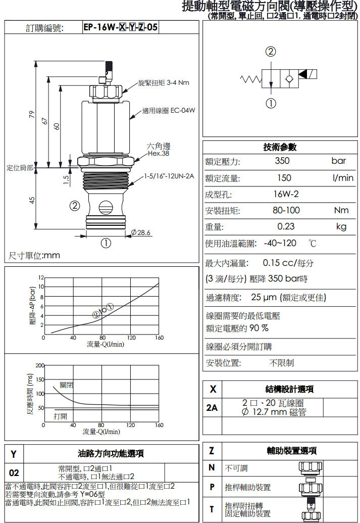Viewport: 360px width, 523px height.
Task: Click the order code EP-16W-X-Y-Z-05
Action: coord(121,27)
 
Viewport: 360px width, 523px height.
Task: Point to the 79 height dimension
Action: coord(32,114)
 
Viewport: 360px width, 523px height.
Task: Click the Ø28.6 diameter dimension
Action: coord(140,232)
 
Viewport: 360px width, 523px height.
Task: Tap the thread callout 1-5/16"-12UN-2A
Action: coord(169,176)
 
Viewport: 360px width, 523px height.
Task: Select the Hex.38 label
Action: coord(159,154)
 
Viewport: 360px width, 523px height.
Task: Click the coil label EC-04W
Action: coord(182,110)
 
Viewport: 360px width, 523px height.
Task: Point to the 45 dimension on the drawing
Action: coord(32,200)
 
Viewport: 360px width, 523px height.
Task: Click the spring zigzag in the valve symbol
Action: coord(250,79)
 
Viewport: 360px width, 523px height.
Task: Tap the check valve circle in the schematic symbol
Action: coord(289,79)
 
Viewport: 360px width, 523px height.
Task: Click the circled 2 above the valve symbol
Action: coord(271,52)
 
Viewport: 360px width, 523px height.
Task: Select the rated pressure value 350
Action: coord(282,161)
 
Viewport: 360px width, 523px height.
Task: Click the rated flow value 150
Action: coord(284,178)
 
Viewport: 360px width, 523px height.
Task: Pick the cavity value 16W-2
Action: coord(286,194)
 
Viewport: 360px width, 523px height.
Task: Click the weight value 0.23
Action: coord(286,226)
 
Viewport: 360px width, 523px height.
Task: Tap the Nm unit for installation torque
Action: coord(341,210)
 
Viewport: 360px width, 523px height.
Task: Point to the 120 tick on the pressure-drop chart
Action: coord(131,338)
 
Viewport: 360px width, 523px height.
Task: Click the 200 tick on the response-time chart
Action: coord(40,365)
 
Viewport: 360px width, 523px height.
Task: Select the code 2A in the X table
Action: coord(212,407)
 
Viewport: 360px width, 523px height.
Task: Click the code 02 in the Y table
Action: coord(14,472)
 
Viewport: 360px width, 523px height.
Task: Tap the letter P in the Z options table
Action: coord(212,487)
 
